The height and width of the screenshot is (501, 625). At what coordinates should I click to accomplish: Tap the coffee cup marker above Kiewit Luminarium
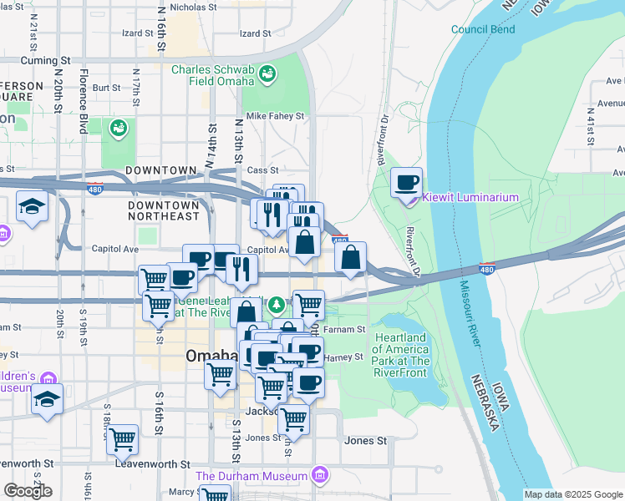pos(407,183)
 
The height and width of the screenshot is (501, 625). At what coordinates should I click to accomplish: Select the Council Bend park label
pos(482,29)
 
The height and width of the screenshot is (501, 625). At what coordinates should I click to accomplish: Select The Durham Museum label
pos(252,476)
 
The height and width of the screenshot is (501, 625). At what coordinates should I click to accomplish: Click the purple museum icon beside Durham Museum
pos(318,476)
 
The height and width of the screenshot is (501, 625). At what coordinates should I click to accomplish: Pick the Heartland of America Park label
pos(401,350)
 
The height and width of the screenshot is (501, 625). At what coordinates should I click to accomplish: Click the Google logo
pos(28,491)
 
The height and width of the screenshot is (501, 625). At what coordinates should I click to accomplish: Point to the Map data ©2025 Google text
pos(572,494)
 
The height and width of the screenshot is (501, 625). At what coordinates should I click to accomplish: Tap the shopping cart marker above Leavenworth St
pos(123,439)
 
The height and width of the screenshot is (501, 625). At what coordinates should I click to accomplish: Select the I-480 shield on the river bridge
pos(486,269)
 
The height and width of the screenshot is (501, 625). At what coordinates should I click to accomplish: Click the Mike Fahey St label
pos(274,116)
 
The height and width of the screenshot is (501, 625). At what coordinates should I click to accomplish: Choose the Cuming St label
pos(47,61)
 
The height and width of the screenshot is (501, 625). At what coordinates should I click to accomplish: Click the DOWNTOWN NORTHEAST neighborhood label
pos(163,210)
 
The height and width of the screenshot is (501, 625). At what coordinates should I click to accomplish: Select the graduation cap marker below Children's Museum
pos(48,400)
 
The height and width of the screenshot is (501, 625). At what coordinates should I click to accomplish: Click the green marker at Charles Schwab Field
pos(267,75)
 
